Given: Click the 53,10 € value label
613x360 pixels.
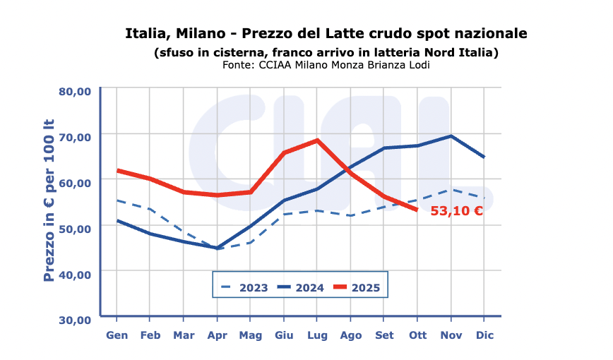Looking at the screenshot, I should point(456,210).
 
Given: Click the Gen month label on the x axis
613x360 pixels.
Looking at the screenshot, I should point(117,335).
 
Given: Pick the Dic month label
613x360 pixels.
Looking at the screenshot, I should point(484,335).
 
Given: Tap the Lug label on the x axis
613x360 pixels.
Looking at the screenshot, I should point(317,335).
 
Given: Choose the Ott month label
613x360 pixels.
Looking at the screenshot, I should point(417,335).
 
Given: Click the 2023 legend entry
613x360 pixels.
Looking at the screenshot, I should point(244,287).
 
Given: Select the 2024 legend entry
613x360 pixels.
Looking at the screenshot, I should point(300,287).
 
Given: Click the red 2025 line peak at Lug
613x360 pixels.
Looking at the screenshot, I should point(317,140).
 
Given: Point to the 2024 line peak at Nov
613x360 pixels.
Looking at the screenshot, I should point(451,136).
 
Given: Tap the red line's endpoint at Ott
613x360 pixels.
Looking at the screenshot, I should point(417,209).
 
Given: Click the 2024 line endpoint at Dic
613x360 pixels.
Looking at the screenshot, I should point(484,157).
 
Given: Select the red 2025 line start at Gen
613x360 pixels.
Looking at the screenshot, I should point(117,170).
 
